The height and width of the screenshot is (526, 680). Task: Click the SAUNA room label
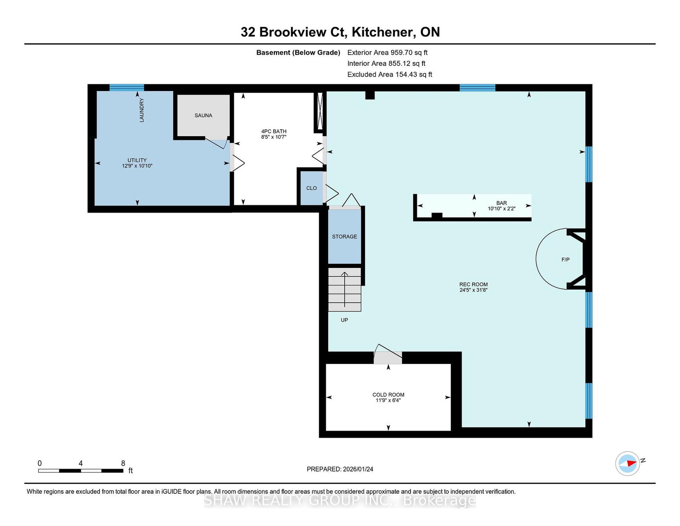203,116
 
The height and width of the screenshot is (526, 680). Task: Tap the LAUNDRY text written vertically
142,110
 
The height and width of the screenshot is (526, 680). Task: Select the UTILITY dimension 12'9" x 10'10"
137,166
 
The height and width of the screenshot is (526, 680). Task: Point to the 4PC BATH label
274,131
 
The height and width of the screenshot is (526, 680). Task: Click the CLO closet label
312,188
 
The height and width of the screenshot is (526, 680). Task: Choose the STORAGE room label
344,237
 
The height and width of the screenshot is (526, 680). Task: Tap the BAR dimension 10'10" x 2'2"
501,208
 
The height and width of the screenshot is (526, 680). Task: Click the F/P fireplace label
565,259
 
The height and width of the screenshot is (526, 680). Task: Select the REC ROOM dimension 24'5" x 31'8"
473,290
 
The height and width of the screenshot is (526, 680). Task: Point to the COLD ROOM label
388,395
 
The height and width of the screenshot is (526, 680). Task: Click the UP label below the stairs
344,320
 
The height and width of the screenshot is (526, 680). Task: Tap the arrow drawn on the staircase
345,290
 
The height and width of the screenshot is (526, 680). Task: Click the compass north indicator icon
627,463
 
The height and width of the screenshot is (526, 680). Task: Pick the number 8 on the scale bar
123,463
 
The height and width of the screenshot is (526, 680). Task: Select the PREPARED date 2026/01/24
358,469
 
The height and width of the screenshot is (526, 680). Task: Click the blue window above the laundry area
126,87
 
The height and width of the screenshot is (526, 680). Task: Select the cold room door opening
388,358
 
